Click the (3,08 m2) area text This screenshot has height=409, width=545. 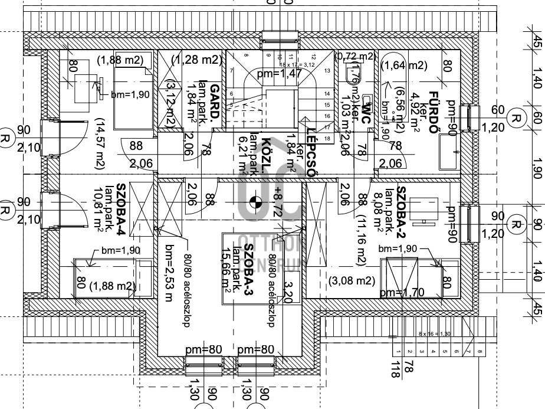(x=352, y=280)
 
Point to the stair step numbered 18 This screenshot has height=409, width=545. (x=326, y=138)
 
